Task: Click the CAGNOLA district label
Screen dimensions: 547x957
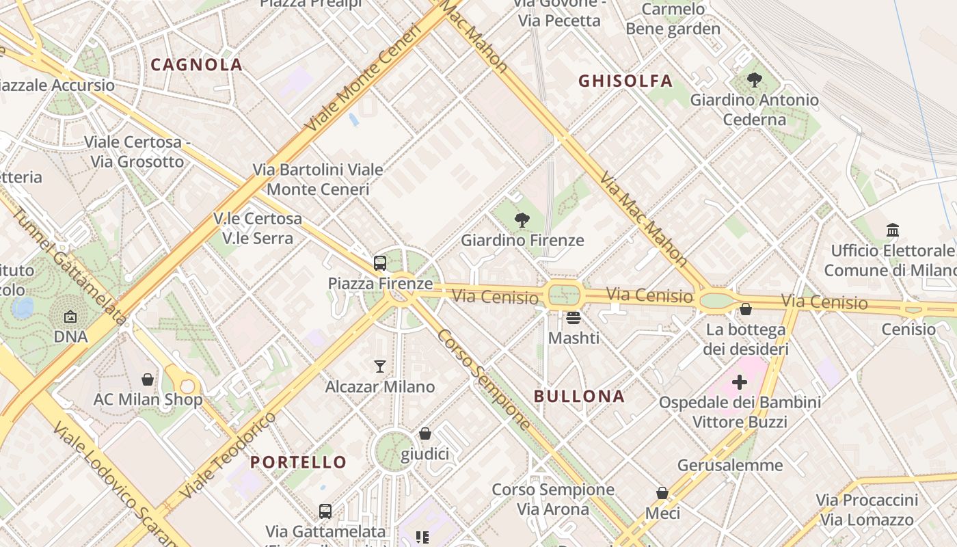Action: [x=196, y=65]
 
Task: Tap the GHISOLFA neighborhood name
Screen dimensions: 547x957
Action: [x=625, y=81]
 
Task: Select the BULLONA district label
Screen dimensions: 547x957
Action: [x=579, y=397]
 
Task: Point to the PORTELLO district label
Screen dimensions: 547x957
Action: [x=298, y=462]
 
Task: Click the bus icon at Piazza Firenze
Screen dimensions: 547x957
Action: [x=380, y=263]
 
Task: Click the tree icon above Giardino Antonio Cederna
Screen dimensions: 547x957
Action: [x=755, y=80]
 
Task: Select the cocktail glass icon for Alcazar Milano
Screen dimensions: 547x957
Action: [x=380, y=366]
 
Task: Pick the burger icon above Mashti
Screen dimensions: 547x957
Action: [x=574, y=318]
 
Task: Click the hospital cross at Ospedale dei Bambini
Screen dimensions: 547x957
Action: [x=740, y=382]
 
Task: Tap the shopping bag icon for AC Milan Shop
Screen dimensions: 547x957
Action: [x=148, y=379]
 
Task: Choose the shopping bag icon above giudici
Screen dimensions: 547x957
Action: [x=425, y=434]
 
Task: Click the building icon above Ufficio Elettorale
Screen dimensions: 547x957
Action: [x=893, y=230]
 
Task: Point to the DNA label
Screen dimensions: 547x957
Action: [x=70, y=337]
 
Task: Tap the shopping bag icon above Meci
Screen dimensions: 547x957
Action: [x=662, y=493]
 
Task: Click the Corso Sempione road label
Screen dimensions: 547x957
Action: [x=483, y=379]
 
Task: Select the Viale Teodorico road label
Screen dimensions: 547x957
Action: [x=229, y=455]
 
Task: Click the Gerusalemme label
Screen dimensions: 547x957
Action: [x=730, y=466]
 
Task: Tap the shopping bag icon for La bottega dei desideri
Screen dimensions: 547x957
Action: [x=746, y=310]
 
